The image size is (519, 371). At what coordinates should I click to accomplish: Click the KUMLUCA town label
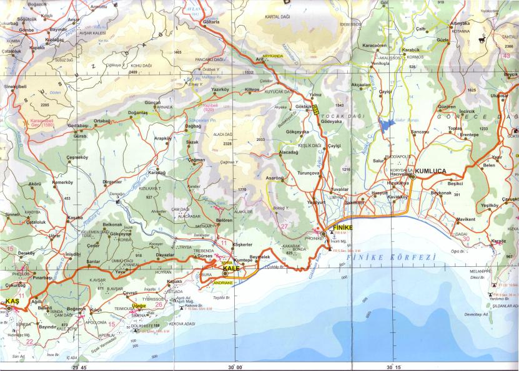point(442,169)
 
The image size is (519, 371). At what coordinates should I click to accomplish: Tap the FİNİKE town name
point(344,228)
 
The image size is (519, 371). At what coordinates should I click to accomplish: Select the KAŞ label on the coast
point(12,301)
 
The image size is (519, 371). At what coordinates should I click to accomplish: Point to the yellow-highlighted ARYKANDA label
point(273,56)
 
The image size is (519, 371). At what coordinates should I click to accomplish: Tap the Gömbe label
point(26,30)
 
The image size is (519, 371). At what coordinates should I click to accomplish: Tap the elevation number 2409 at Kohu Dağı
point(133,72)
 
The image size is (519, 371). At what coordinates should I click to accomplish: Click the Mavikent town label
point(466,219)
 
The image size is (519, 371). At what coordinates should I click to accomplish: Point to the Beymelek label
point(259,257)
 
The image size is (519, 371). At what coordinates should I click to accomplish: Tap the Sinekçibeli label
point(16,86)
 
